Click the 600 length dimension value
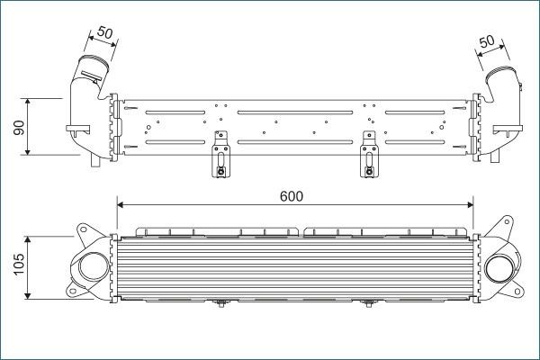pyautogui.click(x=291, y=195)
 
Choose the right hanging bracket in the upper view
pyautogui.click(x=367, y=154)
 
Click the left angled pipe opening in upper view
pyautogui.click(x=91, y=65)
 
